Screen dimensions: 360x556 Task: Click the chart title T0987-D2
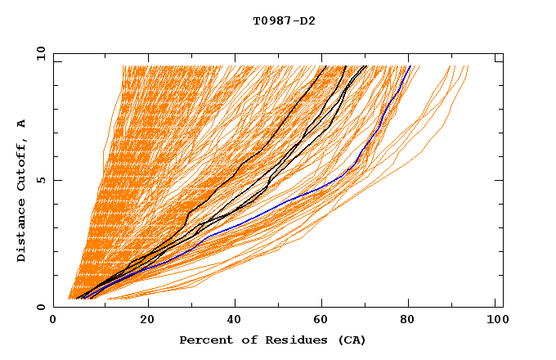pos(284,20)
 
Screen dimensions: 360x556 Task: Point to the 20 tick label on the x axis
pos(147,321)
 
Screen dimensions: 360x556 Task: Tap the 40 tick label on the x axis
pos(235,321)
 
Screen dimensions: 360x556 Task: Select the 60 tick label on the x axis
pos(325,321)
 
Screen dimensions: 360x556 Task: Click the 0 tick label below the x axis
pos(54,321)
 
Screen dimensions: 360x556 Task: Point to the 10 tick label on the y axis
pos(38,53)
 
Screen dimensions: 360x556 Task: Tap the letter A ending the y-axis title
pos(21,123)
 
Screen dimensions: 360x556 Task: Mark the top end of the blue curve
pos(410,66)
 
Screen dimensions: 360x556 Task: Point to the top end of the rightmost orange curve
pos(469,66)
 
